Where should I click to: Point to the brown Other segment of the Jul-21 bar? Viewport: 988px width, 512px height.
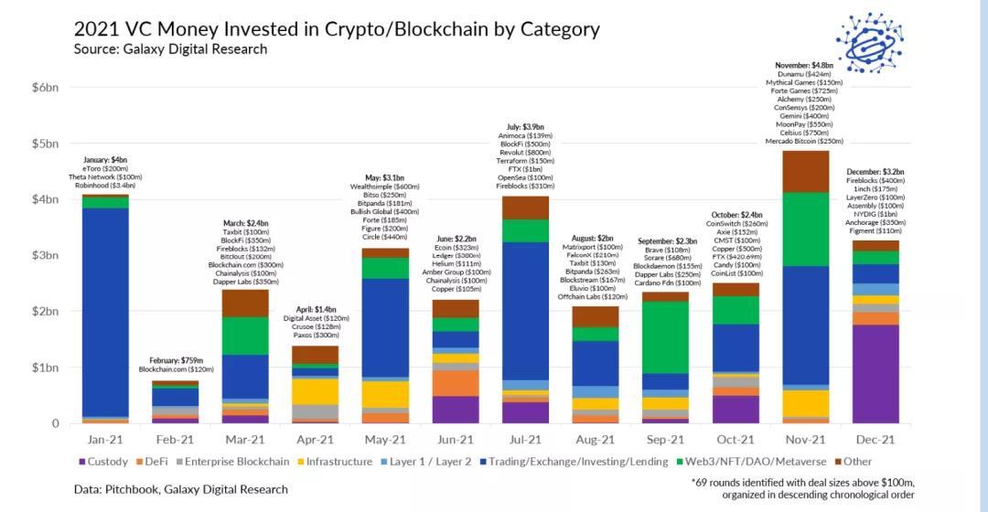click(525, 208)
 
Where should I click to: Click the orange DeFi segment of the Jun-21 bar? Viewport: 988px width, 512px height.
click(456, 383)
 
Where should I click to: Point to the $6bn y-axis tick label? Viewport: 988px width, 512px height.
click(45, 87)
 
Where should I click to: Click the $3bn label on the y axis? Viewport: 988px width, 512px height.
click(45, 255)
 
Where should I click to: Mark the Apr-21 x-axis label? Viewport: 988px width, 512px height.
click(315, 440)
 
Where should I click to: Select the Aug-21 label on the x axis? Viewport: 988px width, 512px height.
click(595, 440)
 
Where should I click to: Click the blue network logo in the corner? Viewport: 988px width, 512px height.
click(869, 42)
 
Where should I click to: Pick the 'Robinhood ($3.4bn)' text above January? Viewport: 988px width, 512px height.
click(104, 186)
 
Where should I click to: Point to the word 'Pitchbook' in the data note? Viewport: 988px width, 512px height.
click(135, 489)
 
